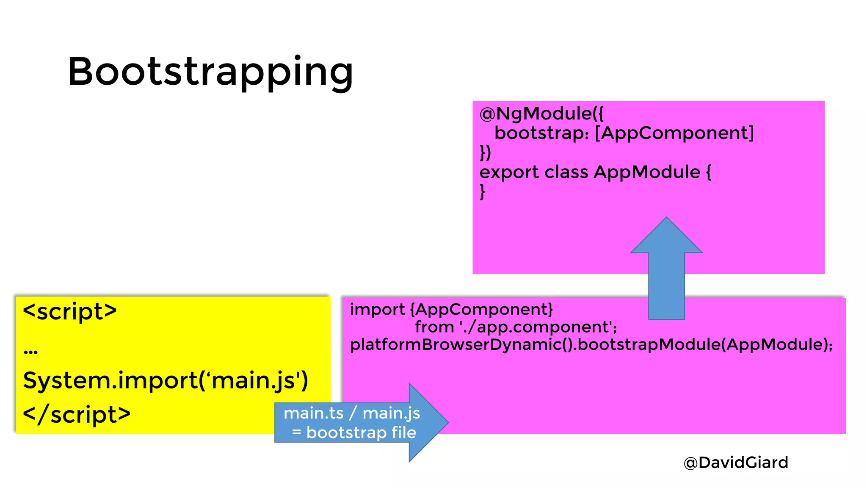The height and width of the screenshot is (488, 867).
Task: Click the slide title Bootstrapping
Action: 210,72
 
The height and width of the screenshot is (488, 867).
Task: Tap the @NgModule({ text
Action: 541,114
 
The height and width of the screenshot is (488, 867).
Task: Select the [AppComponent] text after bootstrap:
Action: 674,133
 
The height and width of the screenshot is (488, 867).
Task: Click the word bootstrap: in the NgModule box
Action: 541,133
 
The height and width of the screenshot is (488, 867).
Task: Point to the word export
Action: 509,172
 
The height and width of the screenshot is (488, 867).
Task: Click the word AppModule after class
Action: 647,172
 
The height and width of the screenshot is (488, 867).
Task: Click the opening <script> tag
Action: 70,311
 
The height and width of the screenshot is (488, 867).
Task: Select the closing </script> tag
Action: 77,414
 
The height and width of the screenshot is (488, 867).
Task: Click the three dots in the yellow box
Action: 30,351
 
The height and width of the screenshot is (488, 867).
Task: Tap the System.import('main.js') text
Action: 166,380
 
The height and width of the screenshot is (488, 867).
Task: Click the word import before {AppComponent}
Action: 377,309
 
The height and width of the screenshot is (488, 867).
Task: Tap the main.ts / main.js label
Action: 351,413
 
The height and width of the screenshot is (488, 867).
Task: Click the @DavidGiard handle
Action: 736,462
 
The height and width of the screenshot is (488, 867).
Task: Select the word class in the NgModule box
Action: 566,172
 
